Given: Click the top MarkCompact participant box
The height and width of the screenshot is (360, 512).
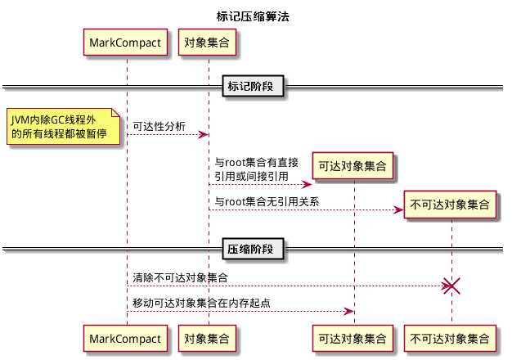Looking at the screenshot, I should pyautogui.click(x=127, y=42).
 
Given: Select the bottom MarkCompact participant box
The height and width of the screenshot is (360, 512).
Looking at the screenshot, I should pyautogui.click(x=127, y=337).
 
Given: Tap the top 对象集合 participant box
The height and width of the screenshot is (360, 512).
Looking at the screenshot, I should pyautogui.click(x=207, y=42).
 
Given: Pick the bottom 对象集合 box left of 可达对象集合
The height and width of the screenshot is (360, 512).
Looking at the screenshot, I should pyautogui.click(x=207, y=337).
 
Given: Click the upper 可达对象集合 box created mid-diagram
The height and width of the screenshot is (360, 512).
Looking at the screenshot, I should pyautogui.click(x=353, y=166).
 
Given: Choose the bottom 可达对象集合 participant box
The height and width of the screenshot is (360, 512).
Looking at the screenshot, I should pyautogui.click(x=353, y=337).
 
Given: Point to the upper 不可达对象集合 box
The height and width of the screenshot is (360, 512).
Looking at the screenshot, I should pyautogui.click(x=451, y=205).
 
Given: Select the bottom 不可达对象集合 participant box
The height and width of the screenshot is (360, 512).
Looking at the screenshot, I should pyautogui.click(x=451, y=337).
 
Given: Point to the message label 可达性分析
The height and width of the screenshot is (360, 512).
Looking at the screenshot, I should pyautogui.click(x=159, y=126).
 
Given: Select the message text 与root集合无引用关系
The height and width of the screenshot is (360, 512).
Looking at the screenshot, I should pyautogui.click(x=267, y=201).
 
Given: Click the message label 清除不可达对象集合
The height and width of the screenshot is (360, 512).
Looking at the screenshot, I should pyautogui.click(x=181, y=278).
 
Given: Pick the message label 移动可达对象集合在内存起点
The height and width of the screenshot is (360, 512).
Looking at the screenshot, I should pyautogui.click(x=202, y=304).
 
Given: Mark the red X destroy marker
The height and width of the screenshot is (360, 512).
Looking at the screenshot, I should pyautogui.click(x=451, y=286).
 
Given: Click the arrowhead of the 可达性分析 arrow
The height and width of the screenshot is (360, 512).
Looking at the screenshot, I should pyautogui.click(x=204, y=135).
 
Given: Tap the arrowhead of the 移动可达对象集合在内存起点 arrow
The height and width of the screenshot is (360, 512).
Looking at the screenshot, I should pyautogui.click(x=349, y=312).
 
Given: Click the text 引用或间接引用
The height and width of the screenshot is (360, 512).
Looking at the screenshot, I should pyautogui.click(x=251, y=175).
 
